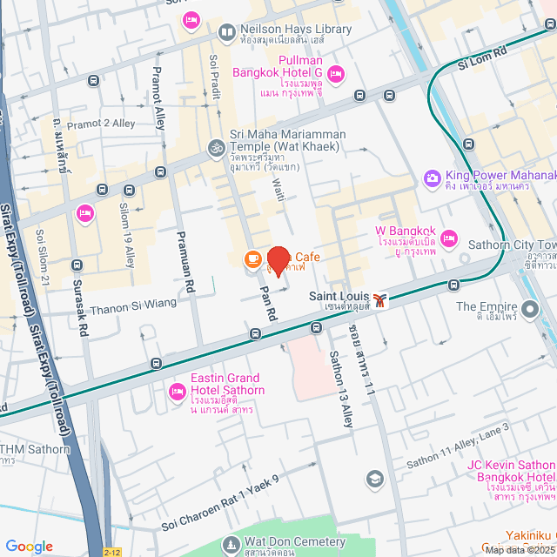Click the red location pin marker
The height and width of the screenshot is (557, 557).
click(278, 261)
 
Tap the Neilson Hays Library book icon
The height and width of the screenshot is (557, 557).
click(226, 32)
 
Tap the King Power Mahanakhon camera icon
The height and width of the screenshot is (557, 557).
click(432, 178)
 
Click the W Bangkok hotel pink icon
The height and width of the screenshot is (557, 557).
click(449, 237)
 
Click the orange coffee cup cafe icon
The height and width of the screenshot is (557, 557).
click(252, 258)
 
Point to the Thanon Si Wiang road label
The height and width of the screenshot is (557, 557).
click(133, 303)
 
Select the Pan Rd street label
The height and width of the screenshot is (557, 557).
click(268, 300)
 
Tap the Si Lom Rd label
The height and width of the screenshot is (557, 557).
click(480, 59)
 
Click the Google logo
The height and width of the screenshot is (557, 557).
click(29, 546)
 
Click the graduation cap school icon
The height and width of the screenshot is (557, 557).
click(374, 479)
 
